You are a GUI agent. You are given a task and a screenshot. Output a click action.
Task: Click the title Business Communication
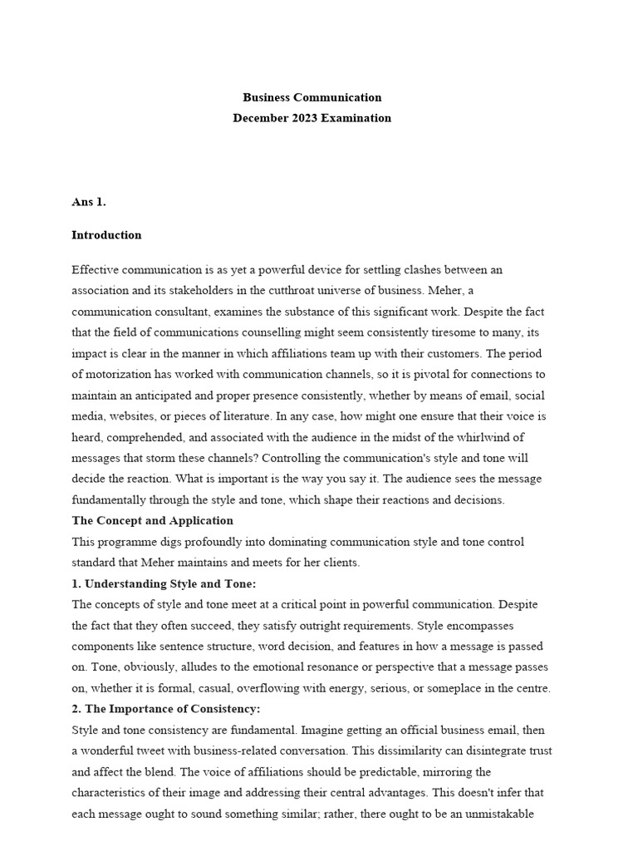coord(312,97)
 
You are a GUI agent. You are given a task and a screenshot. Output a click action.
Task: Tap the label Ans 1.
coord(89,201)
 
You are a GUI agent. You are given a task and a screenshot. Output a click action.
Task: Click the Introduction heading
coord(106,235)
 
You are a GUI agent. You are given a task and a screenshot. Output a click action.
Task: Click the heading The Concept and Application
coord(152,521)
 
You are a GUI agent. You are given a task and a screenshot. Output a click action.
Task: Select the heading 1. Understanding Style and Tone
coord(164,583)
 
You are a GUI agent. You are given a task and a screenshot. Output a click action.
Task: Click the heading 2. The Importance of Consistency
coord(166,709)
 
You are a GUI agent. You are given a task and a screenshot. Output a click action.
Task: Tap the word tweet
coord(154,750)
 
